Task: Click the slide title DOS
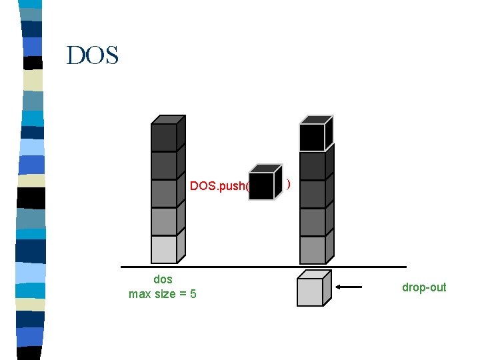pyautogui.click(x=93, y=55)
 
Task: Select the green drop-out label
pyautogui.click(x=424, y=287)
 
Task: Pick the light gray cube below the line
pyautogui.click(x=311, y=291)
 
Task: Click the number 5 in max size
pyautogui.click(x=193, y=293)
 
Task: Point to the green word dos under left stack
pyautogui.click(x=163, y=279)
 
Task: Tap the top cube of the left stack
pyautogui.click(x=164, y=137)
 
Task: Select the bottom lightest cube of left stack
pyautogui.click(x=164, y=249)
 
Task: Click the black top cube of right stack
pyautogui.click(x=313, y=137)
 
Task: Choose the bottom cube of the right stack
pyautogui.click(x=313, y=249)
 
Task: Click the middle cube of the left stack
pyautogui.click(x=164, y=193)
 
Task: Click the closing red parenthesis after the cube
pyautogui.click(x=287, y=184)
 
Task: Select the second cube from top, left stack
pyautogui.click(x=164, y=165)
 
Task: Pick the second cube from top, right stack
pyautogui.click(x=313, y=165)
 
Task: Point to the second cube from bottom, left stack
pyautogui.click(x=164, y=221)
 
